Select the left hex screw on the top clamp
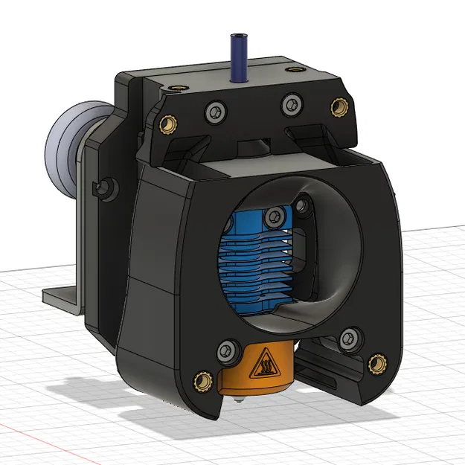pyautogui.click(x=216, y=111)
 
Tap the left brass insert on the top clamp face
pyautogui.click(x=167, y=122)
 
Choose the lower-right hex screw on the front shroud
pyautogui.click(x=347, y=339)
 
